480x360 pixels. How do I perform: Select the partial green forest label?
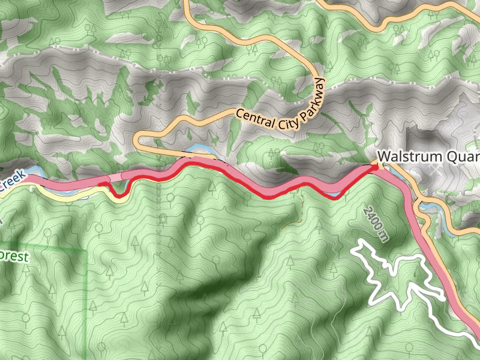pyautogui.click(x=14, y=257)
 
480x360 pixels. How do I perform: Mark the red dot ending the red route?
pyautogui.click(x=377, y=167)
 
